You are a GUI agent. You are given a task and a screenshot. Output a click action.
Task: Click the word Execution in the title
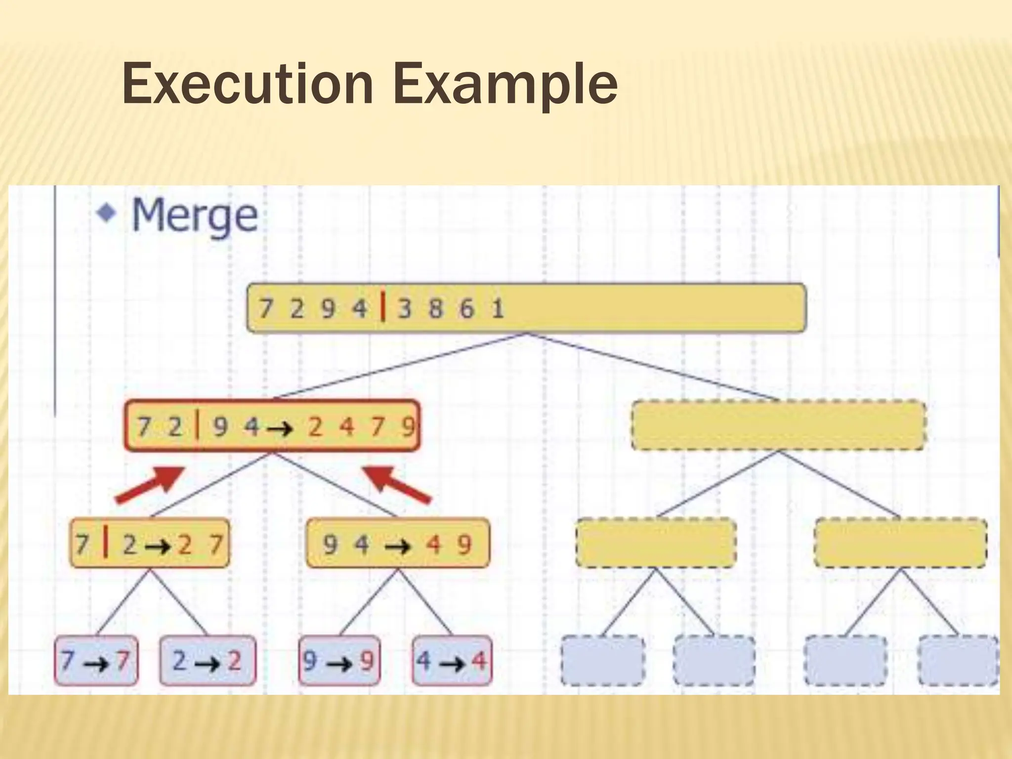click(x=248, y=84)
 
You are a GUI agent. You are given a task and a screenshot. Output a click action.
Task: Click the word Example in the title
click(x=505, y=85)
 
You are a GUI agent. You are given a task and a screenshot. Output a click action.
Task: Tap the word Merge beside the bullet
click(x=195, y=215)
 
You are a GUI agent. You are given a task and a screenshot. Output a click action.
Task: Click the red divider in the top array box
click(x=383, y=307)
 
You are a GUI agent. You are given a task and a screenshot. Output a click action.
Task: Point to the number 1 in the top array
click(x=498, y=309)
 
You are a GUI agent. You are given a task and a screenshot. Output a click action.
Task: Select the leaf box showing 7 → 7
click(x=96, y=660)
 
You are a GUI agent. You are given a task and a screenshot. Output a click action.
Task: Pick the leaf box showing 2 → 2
click(x=208, y=660)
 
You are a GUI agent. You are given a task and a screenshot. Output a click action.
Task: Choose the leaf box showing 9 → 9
click(x=339, y=660)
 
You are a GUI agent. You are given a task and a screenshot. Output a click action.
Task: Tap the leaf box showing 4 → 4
click(x=452, y=660)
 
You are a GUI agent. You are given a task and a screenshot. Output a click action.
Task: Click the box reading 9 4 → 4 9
click(x=398, y=544)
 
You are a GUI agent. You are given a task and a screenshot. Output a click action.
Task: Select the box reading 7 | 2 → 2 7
click(x=149, y=544)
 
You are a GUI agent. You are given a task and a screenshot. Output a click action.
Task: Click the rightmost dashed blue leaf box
click(x=958, y=661)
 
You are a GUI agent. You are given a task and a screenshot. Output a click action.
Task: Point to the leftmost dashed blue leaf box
click(x=602, y=661)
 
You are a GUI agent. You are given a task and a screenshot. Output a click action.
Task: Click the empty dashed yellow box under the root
click(x=778, y=425)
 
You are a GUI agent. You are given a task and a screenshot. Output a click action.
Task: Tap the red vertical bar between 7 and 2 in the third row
click(x=105, y=543)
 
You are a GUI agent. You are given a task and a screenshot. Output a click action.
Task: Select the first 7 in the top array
click(x=265, y=309)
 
